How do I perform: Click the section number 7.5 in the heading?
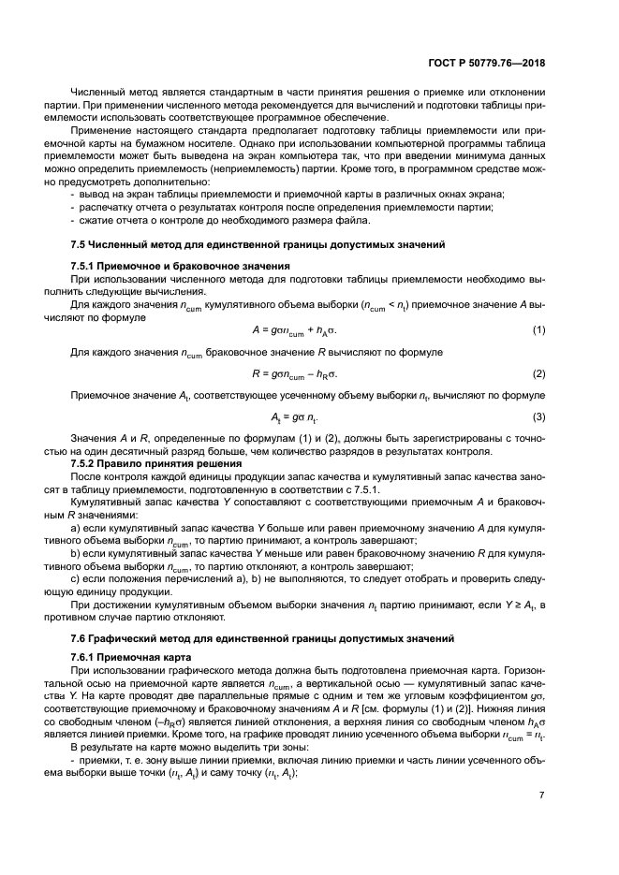(x=80, y=244)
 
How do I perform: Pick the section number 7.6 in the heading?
(x=80, y=637)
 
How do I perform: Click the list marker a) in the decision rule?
(x=76, y=531)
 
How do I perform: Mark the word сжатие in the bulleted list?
(x=97, y=220)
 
